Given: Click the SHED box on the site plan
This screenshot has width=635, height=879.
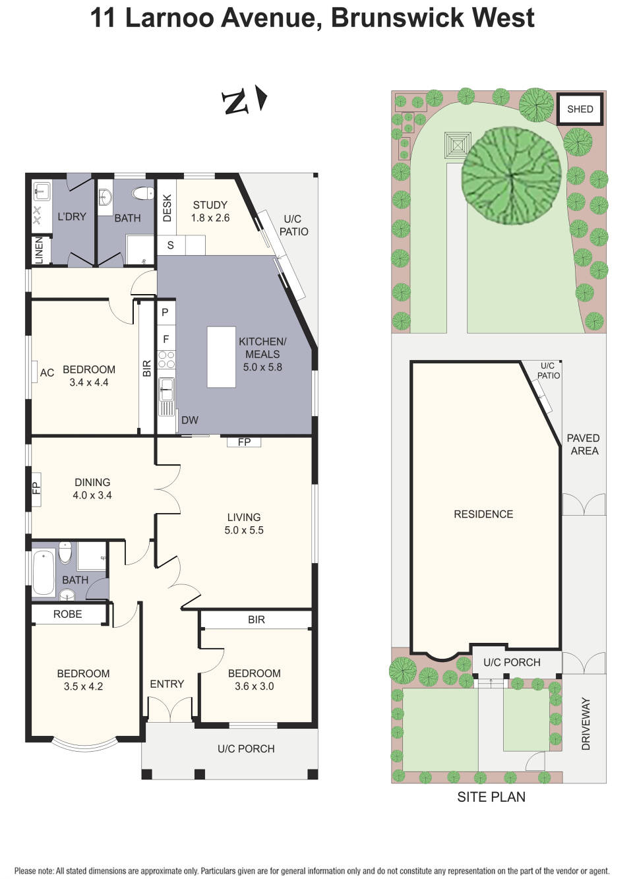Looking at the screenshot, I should tap(580, 109).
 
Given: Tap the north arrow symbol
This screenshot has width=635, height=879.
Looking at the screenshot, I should tap(244, 101).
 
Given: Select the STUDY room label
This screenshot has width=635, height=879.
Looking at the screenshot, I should tap(210, 205).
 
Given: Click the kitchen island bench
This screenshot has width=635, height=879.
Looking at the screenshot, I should tap(221, 357).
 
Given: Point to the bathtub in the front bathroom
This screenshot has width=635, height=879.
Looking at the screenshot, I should tap(44, 572).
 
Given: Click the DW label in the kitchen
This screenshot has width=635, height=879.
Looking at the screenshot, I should tap(189, 420).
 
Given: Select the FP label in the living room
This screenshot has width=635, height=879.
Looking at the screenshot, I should tap(244, 442).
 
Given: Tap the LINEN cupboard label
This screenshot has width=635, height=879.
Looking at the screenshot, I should tap(39, 251).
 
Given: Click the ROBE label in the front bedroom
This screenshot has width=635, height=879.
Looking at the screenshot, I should tap(67, 614).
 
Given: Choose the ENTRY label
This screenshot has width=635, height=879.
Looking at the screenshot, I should tap(167, 684).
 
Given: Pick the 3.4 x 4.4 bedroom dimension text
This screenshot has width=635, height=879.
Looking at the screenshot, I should tap(88, 382).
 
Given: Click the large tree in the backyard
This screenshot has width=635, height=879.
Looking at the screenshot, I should tap(511, 175).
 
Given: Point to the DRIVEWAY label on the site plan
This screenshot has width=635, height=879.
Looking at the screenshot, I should tap(586, 723).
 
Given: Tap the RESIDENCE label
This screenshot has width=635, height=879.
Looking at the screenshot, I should tap(483, 514).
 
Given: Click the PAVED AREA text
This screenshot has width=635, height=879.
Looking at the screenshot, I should tap(584, 444).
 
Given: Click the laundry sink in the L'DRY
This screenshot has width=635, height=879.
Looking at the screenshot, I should tap(42, 192).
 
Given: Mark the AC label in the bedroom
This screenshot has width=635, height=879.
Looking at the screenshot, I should tap(47, 373).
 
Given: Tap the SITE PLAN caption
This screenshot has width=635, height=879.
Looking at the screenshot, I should tap(491, 797).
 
